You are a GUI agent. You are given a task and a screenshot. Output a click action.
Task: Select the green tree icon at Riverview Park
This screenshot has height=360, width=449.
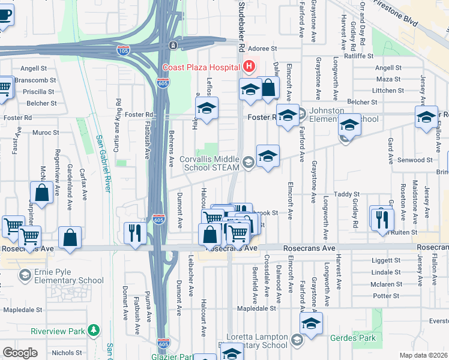[x=93, y=329]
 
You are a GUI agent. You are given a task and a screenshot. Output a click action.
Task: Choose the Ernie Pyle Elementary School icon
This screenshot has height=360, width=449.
[x=25, y=275]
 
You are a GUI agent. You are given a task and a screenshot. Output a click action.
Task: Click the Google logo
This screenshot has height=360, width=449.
[x=20, y=353]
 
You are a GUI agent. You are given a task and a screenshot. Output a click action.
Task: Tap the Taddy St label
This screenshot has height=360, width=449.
[x=346, y=194]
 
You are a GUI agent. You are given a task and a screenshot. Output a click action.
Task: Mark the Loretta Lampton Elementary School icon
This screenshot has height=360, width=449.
[x=297, y=341]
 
